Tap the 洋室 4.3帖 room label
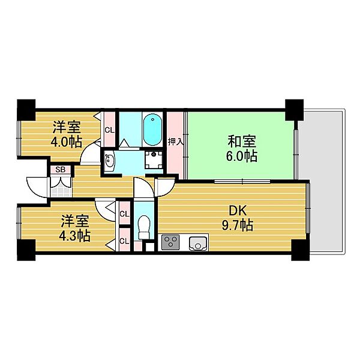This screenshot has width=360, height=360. (x=74, y=228)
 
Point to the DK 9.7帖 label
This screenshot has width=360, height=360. (x=239, y=218)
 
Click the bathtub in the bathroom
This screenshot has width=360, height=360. (x=152, y=130)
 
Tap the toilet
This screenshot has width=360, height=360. (x=143, y=228)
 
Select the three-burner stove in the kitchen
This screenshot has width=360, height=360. (x=170, y=243)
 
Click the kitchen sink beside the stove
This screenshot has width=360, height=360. (x=197, y=243)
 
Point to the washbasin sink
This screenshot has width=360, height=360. (x=110, y=160)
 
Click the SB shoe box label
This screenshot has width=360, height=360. (x=60, y=170)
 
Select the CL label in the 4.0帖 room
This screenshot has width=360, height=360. (x=110, y=130)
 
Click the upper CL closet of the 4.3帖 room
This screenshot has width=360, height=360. (x=125, y=214)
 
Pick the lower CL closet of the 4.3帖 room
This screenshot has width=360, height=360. (x=125, y=241)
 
